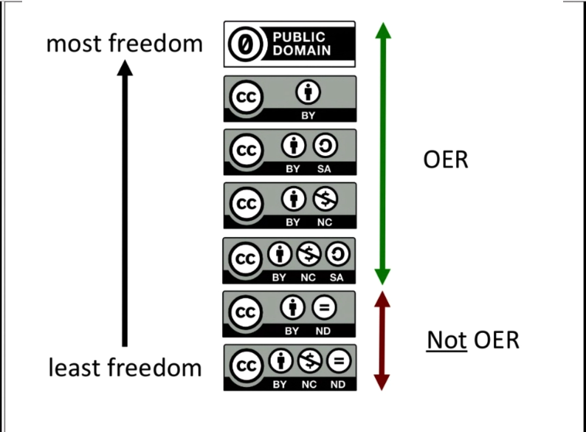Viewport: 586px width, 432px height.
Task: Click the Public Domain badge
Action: pos(289,44)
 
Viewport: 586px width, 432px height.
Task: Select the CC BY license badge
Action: pos(289,98)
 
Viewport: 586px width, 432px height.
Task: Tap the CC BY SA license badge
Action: pos(289,152)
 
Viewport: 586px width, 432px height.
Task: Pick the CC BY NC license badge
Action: pos(289,205)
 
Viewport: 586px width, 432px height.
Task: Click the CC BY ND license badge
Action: pos(289,314)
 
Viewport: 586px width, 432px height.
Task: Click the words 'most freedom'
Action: pos(124,44)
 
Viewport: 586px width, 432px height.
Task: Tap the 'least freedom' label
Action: pos(124,367)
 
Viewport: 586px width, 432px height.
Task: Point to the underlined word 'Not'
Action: pos(447,340)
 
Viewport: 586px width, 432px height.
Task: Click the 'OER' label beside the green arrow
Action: pos(446,159)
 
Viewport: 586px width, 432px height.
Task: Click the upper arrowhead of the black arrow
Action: pos(125,68)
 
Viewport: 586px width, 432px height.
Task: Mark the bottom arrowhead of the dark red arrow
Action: pos(382,381)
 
